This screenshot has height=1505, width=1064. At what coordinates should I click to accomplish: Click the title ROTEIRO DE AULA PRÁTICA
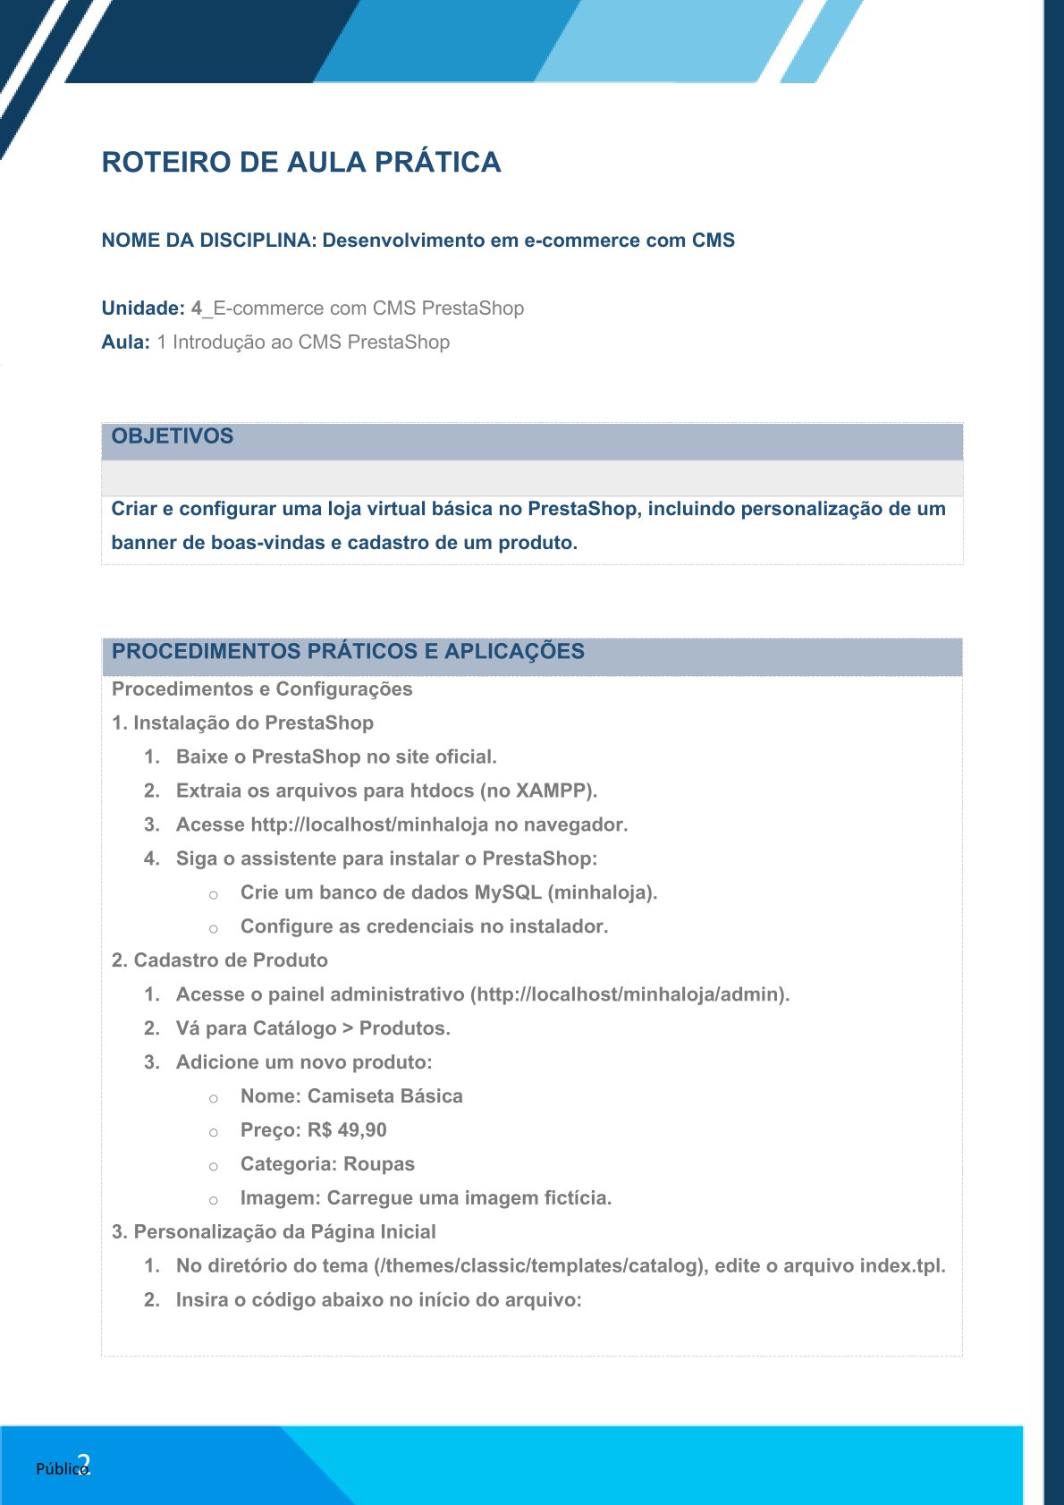(x=301, y=162)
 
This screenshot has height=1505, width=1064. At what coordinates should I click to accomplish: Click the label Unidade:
(x=143, y=309)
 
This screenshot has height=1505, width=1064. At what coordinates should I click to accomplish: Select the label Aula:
(x=125, y=342)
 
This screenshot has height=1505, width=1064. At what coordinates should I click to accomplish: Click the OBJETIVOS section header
(x=173, y=436)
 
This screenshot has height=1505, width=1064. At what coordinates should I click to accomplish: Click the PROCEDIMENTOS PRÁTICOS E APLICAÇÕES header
(x=348, y=651)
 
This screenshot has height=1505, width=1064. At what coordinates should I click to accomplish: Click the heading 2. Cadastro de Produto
(x=220, y=960)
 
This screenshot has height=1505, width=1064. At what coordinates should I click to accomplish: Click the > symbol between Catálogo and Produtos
(x=348, y=1028)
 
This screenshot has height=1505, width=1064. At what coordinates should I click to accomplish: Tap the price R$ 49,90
(x=347, y=1130)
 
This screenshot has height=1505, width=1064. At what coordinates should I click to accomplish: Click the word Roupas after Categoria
(x=379, y=1164)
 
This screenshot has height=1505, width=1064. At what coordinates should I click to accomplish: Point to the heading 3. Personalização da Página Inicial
(x=274, y=1232)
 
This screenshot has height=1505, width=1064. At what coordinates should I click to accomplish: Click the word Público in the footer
(x=61, y=1468)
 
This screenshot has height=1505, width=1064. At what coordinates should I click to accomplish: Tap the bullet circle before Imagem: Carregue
(x=214, y=1200)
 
